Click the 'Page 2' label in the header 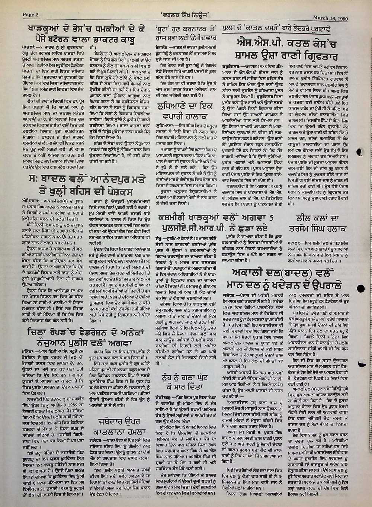(31, 15)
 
